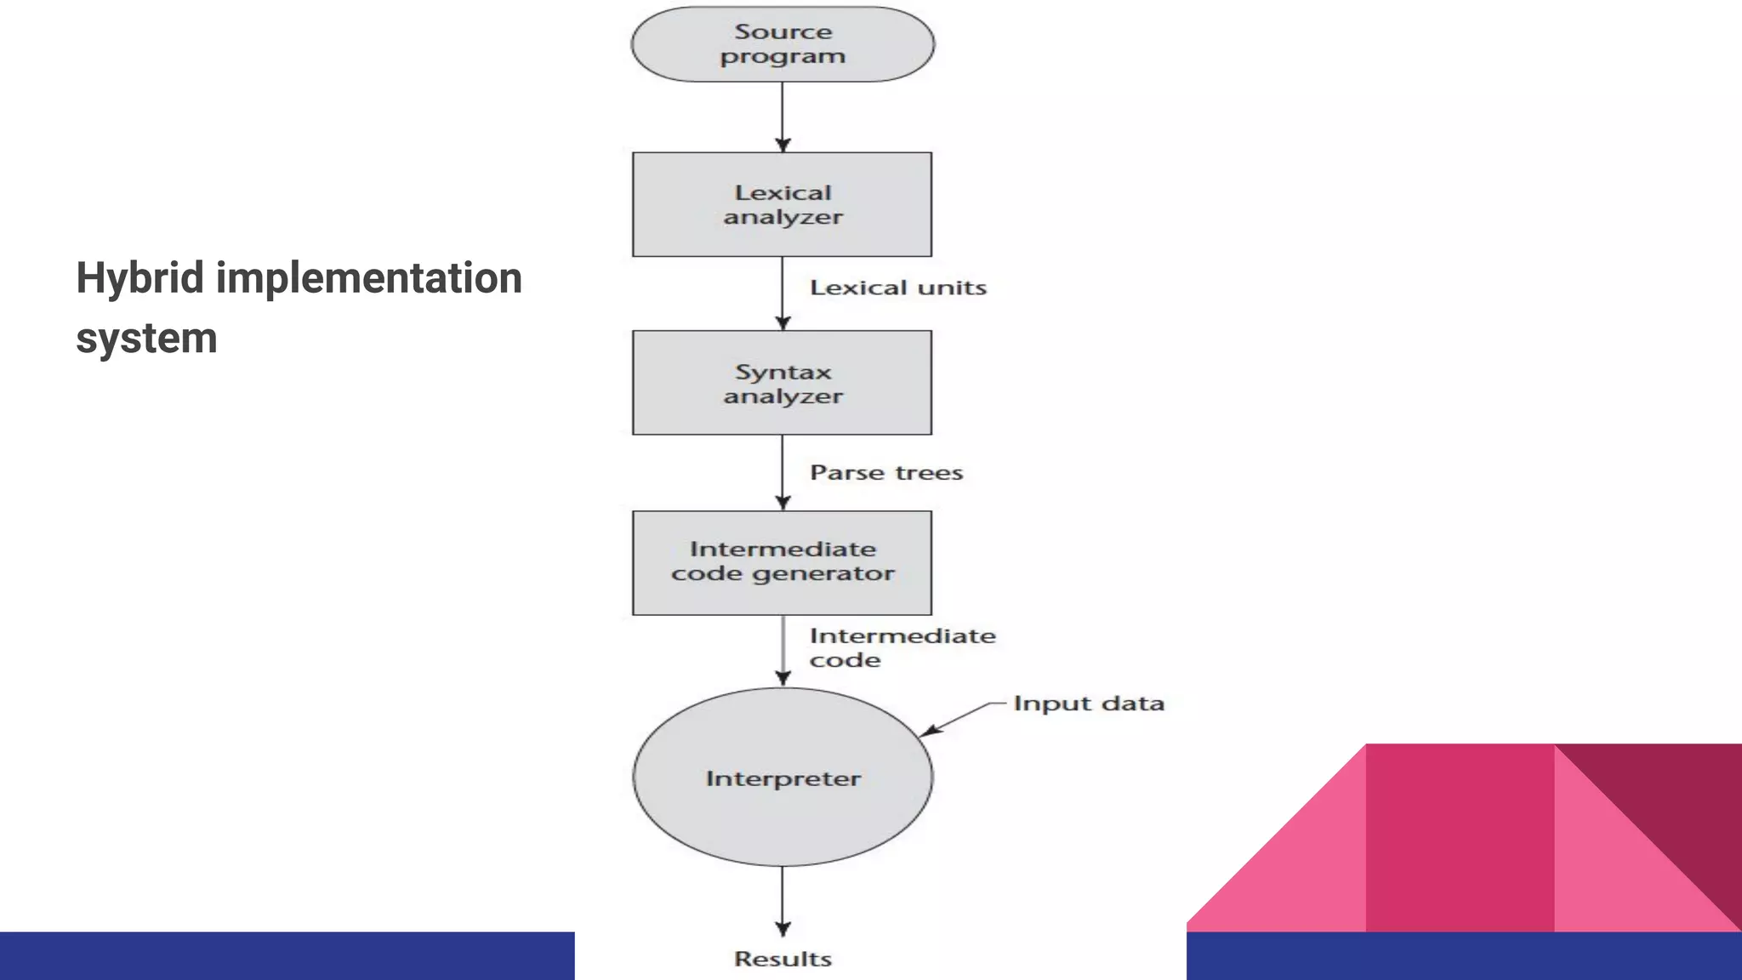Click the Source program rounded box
782,44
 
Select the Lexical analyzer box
782,204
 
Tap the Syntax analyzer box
782,383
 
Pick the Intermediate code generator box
782,562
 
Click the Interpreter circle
782,778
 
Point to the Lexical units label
897,288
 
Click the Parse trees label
885,473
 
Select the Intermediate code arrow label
902,647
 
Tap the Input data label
1088,704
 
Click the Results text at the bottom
783,959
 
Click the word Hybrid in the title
139,278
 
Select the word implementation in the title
368,278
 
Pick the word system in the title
146,338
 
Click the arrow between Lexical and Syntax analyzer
783,293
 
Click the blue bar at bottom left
287,955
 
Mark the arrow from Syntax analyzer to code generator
783,472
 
